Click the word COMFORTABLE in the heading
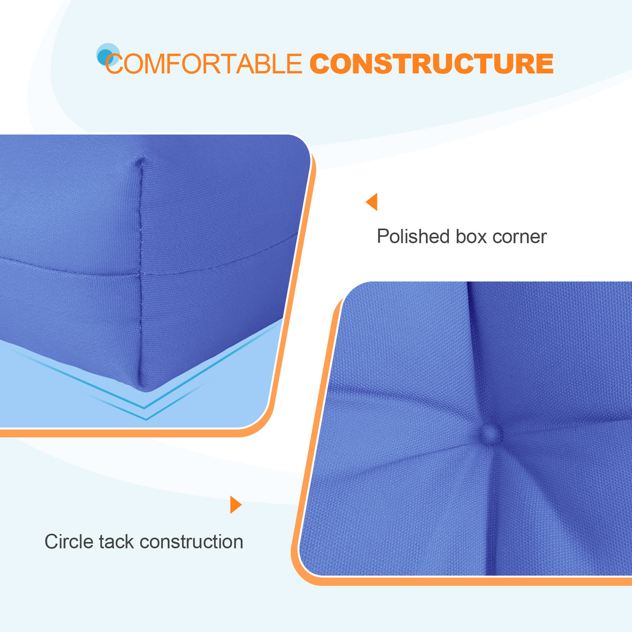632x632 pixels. (x=204, y=64)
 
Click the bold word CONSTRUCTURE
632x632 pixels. (x=431, y=64)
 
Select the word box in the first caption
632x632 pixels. (x=471, y=237)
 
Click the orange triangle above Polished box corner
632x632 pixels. (x=372, y=202)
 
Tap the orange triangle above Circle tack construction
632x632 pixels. (x=235, y=504)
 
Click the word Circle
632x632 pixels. (x=69, y=541)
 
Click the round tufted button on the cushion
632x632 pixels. (x=489, y=434)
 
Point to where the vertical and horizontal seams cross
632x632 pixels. (x=140, y=273)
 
